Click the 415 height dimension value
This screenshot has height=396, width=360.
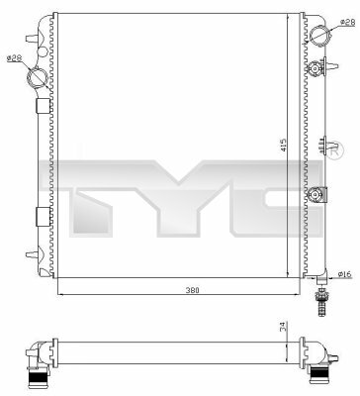point(284,145)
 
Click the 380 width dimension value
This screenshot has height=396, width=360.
point(193,290)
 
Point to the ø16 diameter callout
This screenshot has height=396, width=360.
point(345,274)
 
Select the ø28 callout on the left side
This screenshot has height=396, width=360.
point(14,58)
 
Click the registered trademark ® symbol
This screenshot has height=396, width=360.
point(335,150)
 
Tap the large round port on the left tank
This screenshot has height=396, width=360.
point(37,78)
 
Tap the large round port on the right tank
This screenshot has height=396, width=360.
point(319,35)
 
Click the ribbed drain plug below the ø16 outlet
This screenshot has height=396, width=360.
point(321,302)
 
